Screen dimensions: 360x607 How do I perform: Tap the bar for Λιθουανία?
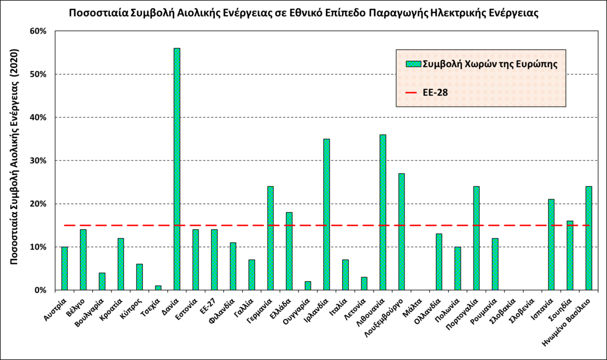[x=382, y=212]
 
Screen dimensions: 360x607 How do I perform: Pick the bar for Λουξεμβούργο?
[x=401, y=231]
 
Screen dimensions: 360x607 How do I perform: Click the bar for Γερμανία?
[x=270, y=238]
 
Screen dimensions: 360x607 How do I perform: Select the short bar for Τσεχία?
[x=158, y=288]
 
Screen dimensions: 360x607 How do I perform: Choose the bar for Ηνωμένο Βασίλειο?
[x=588, y=238]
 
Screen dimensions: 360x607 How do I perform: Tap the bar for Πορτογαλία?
[x=476, y=238]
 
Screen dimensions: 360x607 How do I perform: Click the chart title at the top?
[x=303, y=12]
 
